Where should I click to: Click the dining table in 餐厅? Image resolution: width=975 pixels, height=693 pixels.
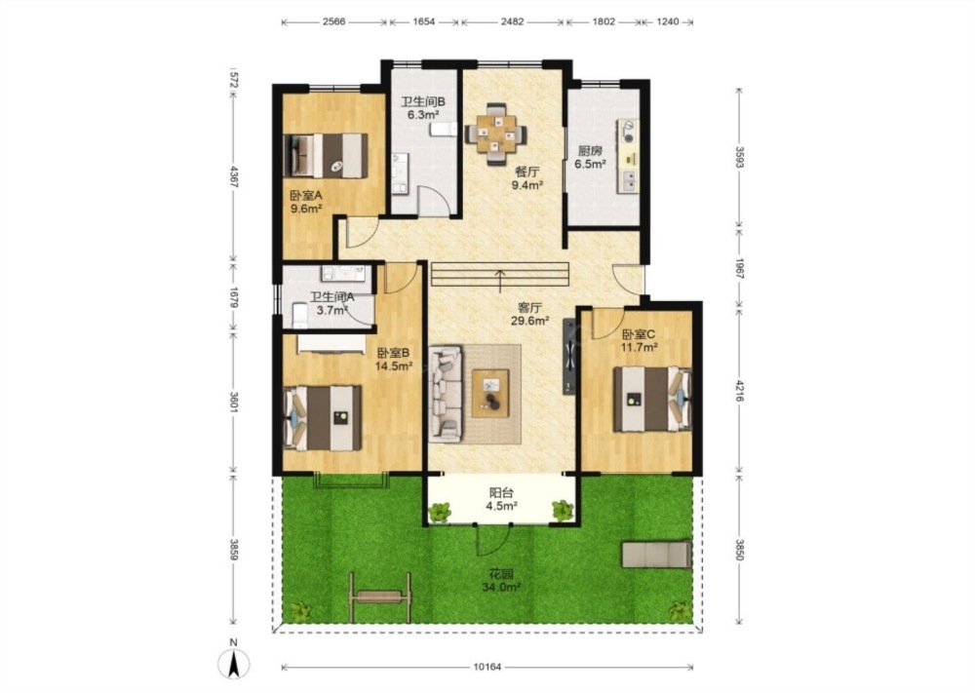tap(496, 134)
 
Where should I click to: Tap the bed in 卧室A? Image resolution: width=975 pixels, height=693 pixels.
tap(326, 155)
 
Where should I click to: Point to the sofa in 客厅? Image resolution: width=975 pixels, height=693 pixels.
tap(446, 394)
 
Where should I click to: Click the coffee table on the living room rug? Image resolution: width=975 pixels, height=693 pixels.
tap(490, 394)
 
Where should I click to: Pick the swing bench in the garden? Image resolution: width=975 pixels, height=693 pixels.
tap(380, 597)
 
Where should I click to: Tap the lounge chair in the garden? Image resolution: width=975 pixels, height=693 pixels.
tap(657, 554)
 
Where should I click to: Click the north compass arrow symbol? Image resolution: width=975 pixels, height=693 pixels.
tap(234, 664)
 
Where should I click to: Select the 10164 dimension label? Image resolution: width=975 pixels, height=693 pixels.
tap(487, 668)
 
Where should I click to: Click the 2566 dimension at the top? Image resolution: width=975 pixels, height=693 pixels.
tap(333, 21)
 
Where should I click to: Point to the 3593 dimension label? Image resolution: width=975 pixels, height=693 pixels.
tap(739, 157)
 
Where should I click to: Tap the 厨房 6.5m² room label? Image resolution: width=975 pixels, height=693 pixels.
tap(590, 157)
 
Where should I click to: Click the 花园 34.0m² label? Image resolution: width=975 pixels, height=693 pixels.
tap(501, 581)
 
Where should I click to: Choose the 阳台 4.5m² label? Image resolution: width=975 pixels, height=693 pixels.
tap(501, 499)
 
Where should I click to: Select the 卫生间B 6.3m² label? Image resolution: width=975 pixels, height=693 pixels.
tap(423, 108)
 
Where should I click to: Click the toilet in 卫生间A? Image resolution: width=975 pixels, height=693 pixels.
tap(300, 315)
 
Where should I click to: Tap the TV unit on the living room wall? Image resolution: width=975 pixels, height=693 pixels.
tap(569, 357)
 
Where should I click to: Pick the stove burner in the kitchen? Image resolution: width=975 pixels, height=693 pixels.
tap(628, 130)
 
